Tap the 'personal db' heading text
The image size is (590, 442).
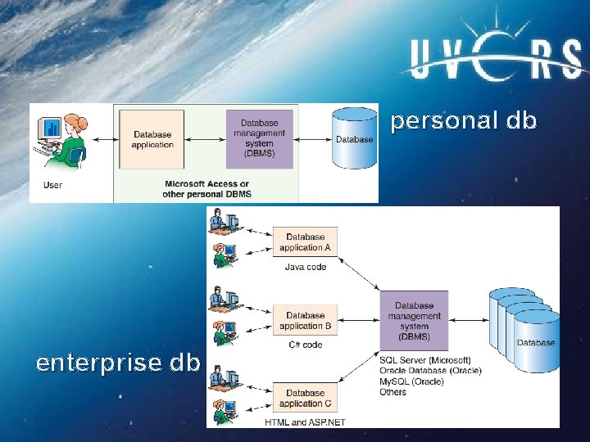[x=463, y=121]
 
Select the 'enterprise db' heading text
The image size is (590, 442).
[x=117, y=363]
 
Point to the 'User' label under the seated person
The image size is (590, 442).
[x=52, y=185]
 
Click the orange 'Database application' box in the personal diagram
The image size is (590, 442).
[x=152, y=139]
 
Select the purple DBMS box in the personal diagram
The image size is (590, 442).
[x=259, y=139]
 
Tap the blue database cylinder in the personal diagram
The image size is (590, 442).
[x=354, y=137]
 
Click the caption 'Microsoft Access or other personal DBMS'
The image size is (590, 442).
[x=207, y=189]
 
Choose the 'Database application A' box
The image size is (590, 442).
[x=305, y=242]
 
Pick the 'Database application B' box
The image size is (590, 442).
[x=305, y=321]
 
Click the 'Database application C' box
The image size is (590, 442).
[x=305, y=399]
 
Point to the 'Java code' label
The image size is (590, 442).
[x=305, y=267]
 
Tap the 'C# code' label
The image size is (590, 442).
[x=305, y=345]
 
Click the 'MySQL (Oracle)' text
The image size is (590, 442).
[x=412, y=381]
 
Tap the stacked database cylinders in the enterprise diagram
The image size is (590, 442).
[x=524, y=323]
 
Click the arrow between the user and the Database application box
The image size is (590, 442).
[x=102, y=140]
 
